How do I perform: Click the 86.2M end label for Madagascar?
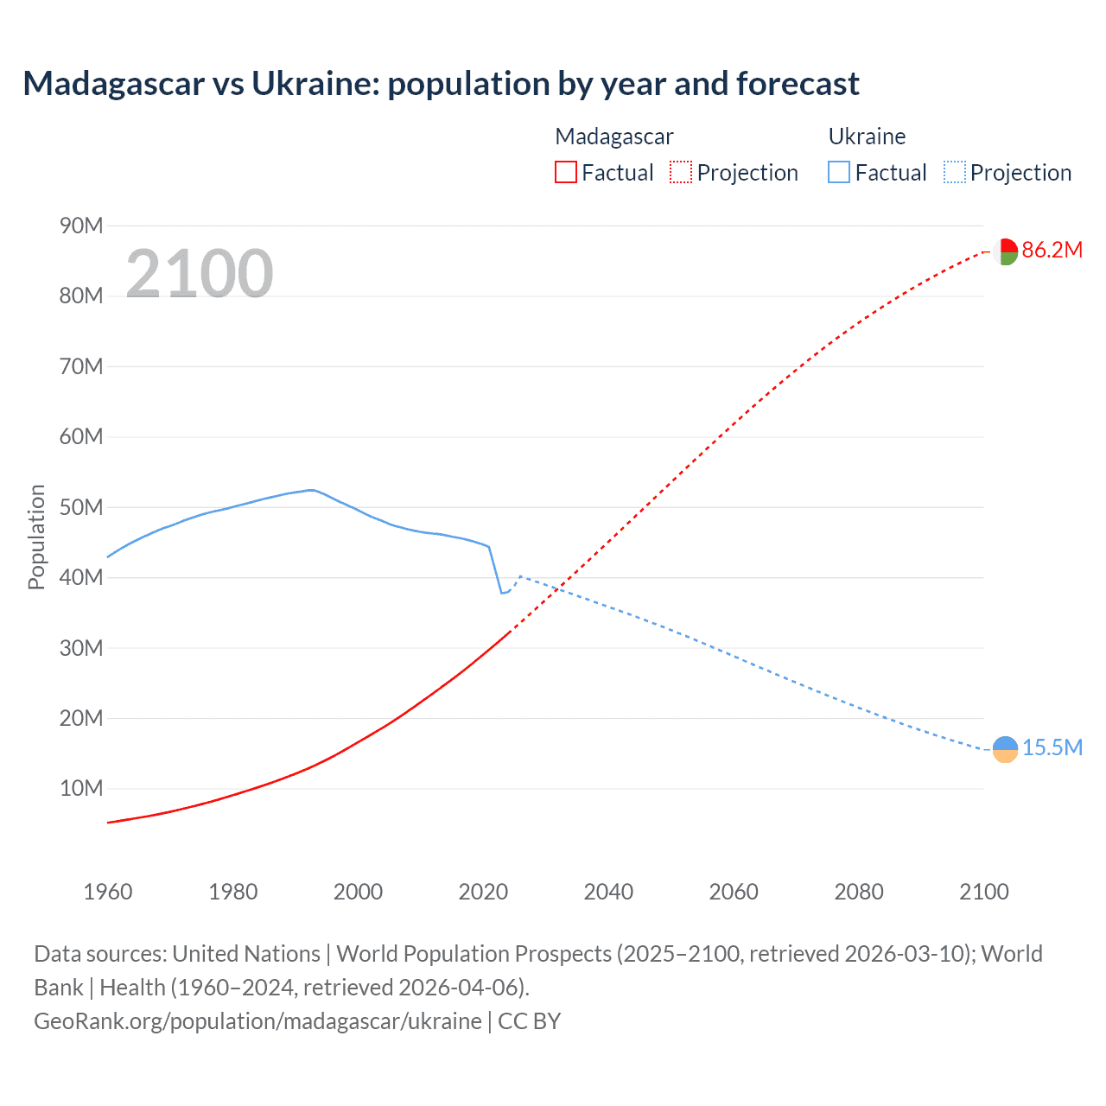(x=1052, y=251)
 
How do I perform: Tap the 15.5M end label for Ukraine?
(x=1052, y=748)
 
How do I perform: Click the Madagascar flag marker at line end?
(x=1005, y=251)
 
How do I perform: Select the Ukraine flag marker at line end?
(x=1005, y=749)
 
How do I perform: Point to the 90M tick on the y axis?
(x=81, y=226)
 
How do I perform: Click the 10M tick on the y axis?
(x=81, y=789)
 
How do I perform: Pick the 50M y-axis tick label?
(x=81, y=507)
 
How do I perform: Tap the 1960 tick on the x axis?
(x=108, y=892)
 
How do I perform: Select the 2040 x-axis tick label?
(x=608, y=892)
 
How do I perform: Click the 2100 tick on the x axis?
(x=983, y=892)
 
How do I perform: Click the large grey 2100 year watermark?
(x=200, y=274)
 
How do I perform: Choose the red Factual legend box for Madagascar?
(x=565, y=173)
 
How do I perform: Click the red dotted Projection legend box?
(x=681, y=173)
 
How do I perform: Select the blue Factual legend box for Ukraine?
(x=839, y=173)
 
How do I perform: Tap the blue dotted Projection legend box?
(x=955, y=173)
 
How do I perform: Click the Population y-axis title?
(x=36, y=537)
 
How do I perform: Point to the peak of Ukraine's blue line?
(x=311, y=490)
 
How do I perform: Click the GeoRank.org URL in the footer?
(x=257, y=1021)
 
